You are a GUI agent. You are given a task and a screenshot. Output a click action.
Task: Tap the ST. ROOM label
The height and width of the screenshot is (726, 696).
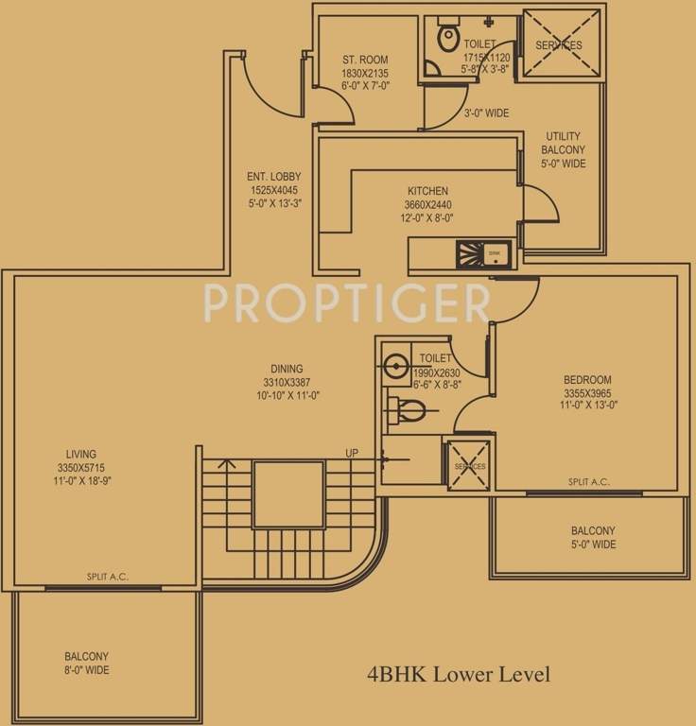(x=365, y=60)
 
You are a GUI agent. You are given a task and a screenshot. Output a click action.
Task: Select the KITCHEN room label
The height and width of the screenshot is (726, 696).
(x=427, y=191)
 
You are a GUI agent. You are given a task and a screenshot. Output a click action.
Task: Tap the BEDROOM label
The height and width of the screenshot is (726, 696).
(x=587, y=380)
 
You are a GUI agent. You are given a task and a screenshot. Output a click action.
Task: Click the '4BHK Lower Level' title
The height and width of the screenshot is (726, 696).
(x=459, y=675)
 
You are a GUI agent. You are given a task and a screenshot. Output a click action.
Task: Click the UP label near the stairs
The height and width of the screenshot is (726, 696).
(x=352, y=454)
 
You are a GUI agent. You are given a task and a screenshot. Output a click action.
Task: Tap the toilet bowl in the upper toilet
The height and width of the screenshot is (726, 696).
(x=447, y=37)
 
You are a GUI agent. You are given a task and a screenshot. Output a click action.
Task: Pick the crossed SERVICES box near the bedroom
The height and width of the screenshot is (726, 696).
(x=469, y=465)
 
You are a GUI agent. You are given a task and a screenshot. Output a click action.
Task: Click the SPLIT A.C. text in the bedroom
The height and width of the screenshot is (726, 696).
(x=588, y=482)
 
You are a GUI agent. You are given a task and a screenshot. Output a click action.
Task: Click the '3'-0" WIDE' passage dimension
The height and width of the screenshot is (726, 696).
(x=486, y=113)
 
